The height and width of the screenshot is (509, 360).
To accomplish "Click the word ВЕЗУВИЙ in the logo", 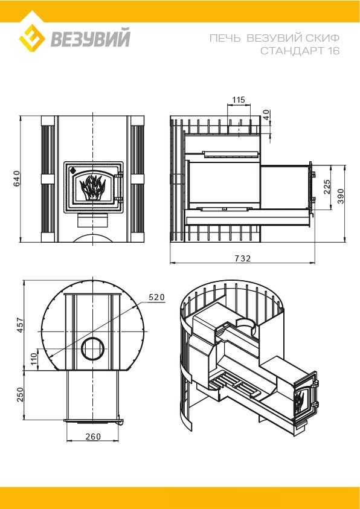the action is (x=90, y=38).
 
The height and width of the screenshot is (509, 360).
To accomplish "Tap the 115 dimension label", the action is (x=239, y=100).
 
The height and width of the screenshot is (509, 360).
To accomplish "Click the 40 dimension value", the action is (x=266, y=115).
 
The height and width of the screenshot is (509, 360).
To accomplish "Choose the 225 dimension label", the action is (x=327, y=187).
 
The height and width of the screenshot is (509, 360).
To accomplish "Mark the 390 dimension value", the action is (x=340, y=196).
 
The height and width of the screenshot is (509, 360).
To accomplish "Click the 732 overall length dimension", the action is (x=242, y=258).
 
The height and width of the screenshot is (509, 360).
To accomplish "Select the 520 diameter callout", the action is (x=157, y=297).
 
